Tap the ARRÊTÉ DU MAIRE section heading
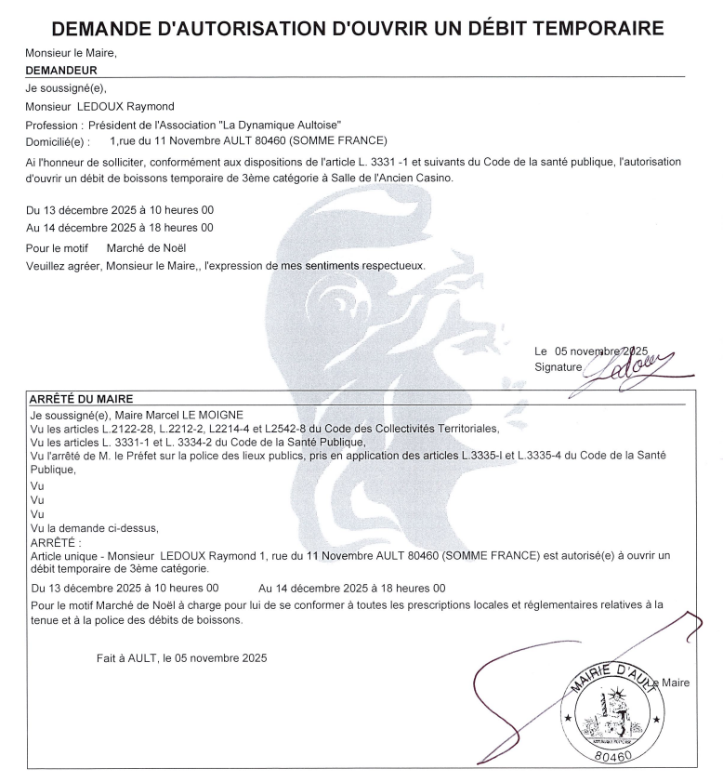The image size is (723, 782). pos(78,399)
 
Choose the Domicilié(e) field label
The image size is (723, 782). pos(59,141)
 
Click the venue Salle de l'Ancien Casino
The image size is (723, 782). pos(394,178)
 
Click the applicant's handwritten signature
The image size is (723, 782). pos(632,366)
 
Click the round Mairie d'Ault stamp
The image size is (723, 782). pos(610,713)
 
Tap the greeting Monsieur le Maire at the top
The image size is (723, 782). pos(71,53)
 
